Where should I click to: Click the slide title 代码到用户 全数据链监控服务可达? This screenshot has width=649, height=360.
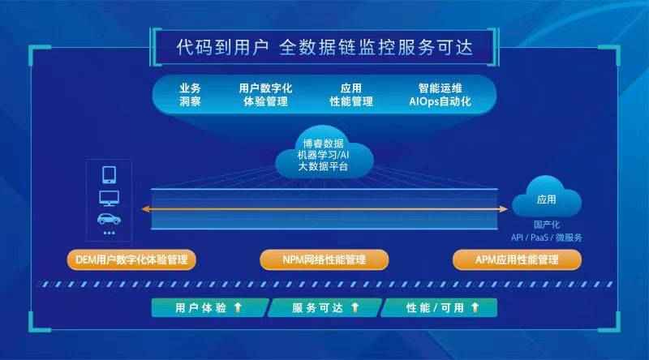point(324,47)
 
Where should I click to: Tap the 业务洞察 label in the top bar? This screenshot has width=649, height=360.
point(190,95)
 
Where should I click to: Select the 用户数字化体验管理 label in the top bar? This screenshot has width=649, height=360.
point(265,95)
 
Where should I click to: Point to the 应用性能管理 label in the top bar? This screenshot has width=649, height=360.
point(351,95)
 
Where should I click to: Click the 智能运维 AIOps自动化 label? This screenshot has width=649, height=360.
point(440,95)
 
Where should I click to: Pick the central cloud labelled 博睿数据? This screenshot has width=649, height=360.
point(324,152)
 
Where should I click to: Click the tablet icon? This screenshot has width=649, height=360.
point(110,174)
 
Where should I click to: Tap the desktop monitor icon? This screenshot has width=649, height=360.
point(110,198)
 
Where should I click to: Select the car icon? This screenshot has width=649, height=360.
point(110,218)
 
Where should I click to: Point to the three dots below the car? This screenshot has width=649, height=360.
point(110,233)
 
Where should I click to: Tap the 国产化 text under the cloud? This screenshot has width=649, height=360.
point(546,225)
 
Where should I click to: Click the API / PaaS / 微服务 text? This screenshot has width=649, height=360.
point(546,238)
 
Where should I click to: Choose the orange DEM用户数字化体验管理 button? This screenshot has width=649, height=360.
point(131,259)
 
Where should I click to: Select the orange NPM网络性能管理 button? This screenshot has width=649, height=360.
point(324,259)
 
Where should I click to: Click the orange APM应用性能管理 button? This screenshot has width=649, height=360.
point(517,259)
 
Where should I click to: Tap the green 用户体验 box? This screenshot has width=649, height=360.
point(210,308)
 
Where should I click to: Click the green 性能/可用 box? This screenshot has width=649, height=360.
point(439,308)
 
